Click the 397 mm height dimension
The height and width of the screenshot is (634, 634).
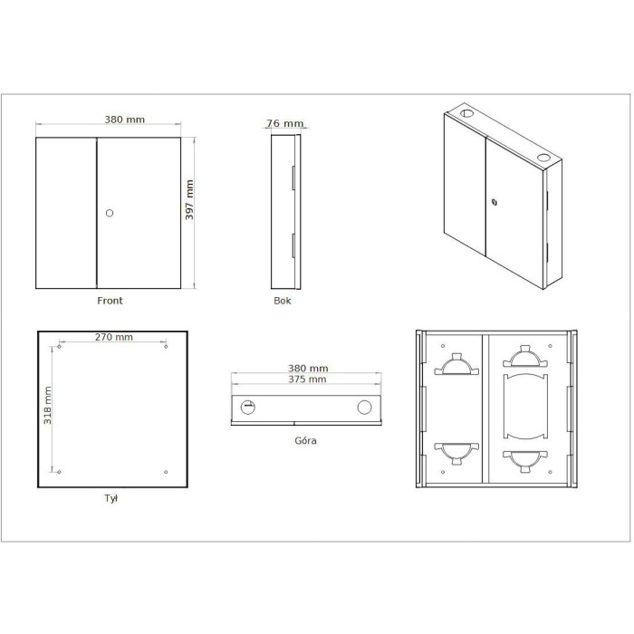pyautogui.click(x=189, y=200)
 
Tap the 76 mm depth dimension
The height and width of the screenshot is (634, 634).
pyautogui.click(x=284, y=123)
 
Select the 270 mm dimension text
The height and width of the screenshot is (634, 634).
pyautogui.click(x=113, y=337)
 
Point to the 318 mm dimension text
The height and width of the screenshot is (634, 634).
pyautogui.click(x=47, y=405)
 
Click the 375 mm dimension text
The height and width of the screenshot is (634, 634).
pyautogui.click(x=307, y=379)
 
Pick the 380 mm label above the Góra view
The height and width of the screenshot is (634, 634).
pyautogui.click(x=308, y=368)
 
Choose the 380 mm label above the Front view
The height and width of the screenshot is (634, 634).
pyautogui.click(x=125, y=120)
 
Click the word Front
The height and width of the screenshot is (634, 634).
pyautogui.click(x=110, y=301)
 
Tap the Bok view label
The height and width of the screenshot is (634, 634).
pyautogui.click(x=283, y=301)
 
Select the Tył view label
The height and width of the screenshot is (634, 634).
pyautogui.click(x=110, y=498)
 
